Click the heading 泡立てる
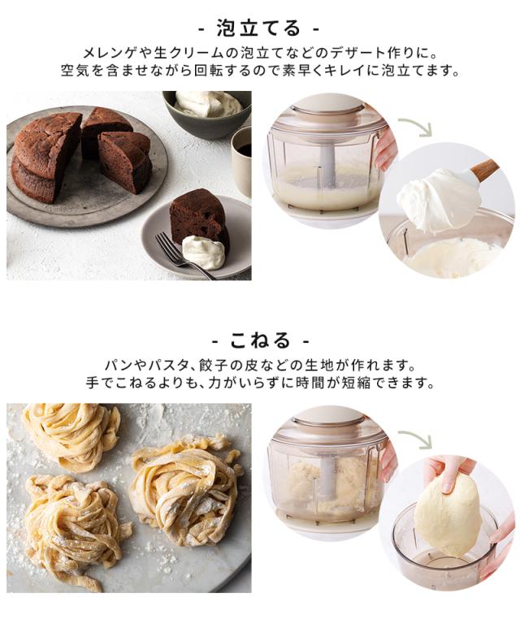click(x=258, y=28)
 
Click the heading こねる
click(x=260, y=340)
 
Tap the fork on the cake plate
click(x=184, y=255)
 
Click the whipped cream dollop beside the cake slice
click(x=204, y=252)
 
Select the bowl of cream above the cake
click(x=208, y=112)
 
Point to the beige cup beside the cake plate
click(x=241, y=162)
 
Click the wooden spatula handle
click(x=484, y=168)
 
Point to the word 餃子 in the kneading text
click(x=214, y=365)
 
